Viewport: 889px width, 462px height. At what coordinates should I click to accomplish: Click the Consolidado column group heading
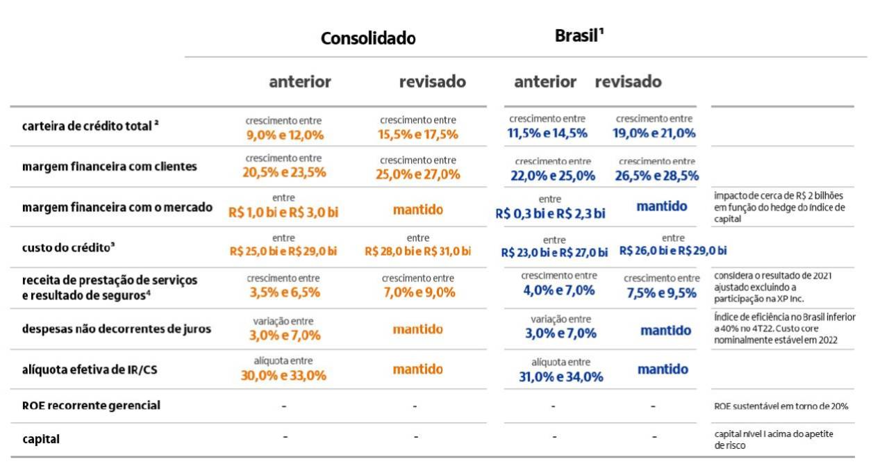368,38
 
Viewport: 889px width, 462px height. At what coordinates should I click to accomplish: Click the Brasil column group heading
578,36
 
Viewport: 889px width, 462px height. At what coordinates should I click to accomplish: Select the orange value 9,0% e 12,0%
285,135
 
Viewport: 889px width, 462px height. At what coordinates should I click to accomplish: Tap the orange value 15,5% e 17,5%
418,135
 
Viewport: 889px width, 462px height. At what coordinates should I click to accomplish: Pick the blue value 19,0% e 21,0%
654,133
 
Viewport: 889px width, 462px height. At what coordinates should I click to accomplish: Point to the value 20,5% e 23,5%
285,173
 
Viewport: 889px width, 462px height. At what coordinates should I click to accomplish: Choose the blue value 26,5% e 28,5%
656,176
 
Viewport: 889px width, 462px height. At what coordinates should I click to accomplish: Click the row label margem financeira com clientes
109,167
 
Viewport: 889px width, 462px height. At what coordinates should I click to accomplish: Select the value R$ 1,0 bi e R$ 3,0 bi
283,212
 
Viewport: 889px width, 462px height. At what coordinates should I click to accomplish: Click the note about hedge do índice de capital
779,206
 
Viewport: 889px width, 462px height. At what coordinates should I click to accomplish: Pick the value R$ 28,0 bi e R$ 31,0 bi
417,251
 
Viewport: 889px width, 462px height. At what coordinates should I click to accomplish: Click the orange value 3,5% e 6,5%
285,292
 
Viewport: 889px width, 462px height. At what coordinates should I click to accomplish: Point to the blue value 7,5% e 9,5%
661,293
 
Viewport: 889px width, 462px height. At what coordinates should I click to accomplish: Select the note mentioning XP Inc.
773,286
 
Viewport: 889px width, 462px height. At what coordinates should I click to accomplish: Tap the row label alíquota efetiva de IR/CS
89,370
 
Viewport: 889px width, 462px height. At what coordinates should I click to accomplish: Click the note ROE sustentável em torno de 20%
781,406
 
